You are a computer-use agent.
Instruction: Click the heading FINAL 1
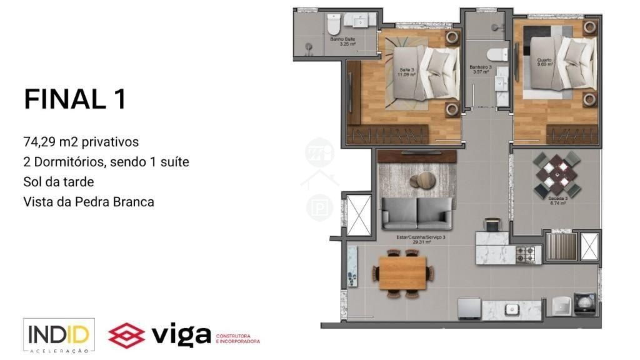pyautogui.click(x=75, y=99)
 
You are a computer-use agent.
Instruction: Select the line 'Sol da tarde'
pyautogui.click(x=59, y=182)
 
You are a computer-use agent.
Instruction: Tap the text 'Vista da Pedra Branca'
pyautogui.click(x=88, y=202)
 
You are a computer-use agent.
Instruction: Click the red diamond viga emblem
pyautogui.click(x=127, y=334)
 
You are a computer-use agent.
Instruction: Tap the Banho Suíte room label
pyautogui.click(x=343, y=41)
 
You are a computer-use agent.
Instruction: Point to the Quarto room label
pyautogui.click(x=544, y=62)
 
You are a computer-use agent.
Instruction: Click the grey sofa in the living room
pyautogui.click(x=417, y=212)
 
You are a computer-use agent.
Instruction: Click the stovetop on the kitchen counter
pyautogui.click(x=526, y=253)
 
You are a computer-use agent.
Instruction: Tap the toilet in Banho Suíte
pyautogui.click(x=332, y=26)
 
